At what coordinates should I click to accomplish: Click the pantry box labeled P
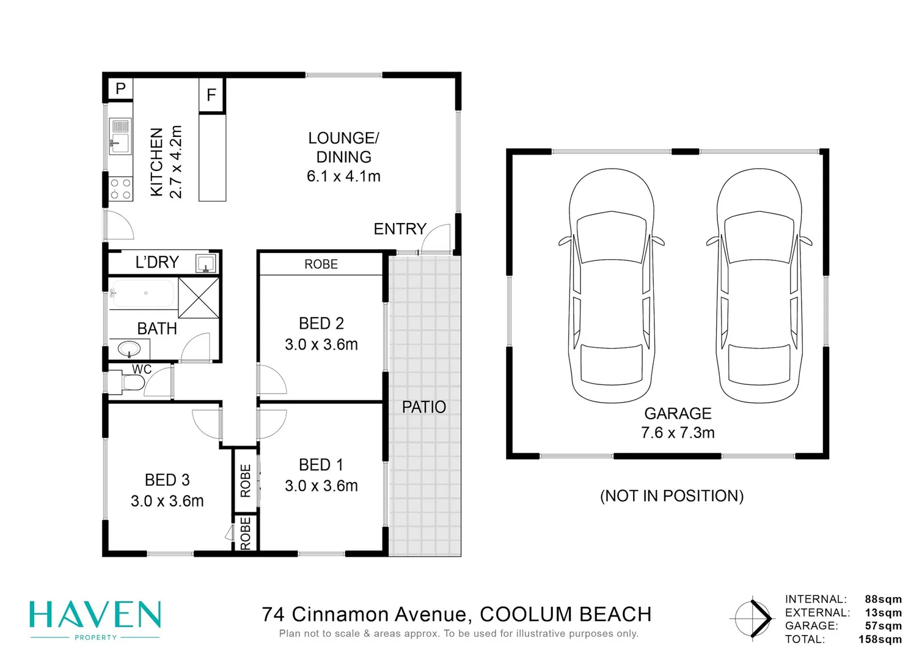coord(120,89)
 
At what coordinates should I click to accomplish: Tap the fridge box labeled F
coord(211,95)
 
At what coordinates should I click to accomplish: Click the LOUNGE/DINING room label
coord(343,157)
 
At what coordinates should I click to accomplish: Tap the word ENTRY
coord(400,229)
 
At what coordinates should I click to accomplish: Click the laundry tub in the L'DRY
coord(205,263)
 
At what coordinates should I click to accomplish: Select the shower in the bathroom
coord(199,297)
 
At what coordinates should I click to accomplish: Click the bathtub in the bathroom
coord(144,293)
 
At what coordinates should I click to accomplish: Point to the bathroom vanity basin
coord(129,350)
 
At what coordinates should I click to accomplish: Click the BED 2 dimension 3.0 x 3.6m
coord(321,345)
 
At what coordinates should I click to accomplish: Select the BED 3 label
coord(167,480)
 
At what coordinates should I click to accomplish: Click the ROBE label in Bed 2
coord(321,264)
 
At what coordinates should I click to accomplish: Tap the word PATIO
coord(423,407)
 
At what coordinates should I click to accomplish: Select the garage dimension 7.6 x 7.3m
coord(678,433)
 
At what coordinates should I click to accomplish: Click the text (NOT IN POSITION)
coord(671,496)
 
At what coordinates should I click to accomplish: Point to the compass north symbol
coord(754,618)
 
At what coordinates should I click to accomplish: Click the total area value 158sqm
coord(879,639)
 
